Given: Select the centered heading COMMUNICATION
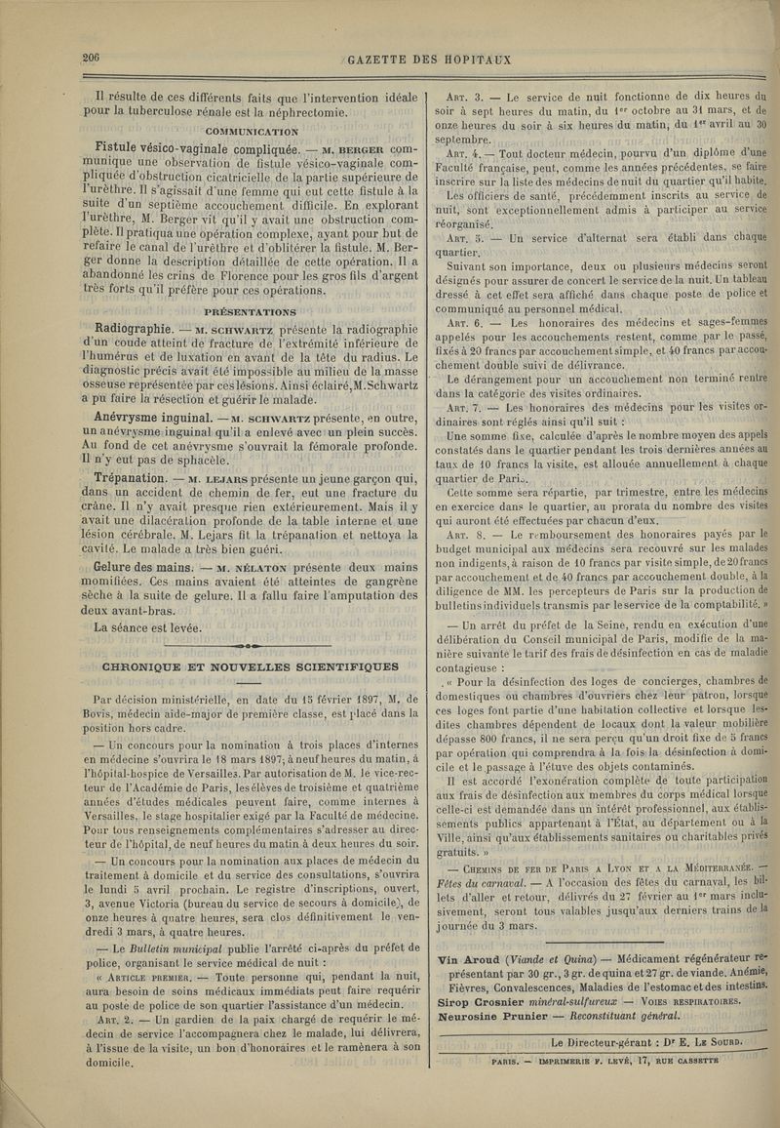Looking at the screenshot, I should tap(252, 131).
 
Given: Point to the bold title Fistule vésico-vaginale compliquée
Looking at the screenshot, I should tap(188, 148).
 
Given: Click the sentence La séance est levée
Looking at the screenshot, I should tap(148, 627).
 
